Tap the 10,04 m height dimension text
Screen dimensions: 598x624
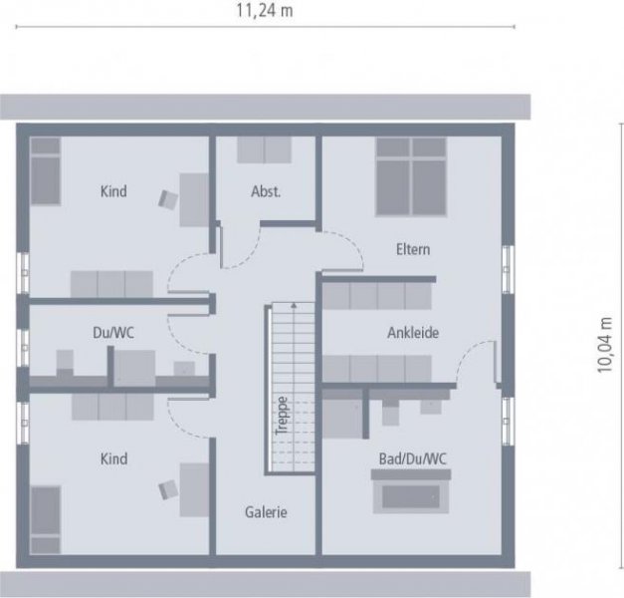(x=604, y=345)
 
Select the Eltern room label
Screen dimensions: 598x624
(x=412, y=249)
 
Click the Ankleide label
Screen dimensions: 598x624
(x=413, y=333)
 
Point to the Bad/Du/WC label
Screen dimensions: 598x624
(x=412, y=457)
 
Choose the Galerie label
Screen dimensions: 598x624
(x=266, y=512)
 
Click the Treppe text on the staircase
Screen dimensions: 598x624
(x=283, y=417)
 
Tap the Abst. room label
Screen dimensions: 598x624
(x=266, y=191)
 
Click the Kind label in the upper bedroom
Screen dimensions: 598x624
(x=114, y=191)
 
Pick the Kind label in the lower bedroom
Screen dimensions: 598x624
(x=114, y=458)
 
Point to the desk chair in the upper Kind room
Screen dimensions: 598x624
(x=168, y=198)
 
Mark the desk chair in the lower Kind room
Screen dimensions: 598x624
(x=168, y=488)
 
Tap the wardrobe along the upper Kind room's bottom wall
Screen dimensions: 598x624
(x=110, y=283)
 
